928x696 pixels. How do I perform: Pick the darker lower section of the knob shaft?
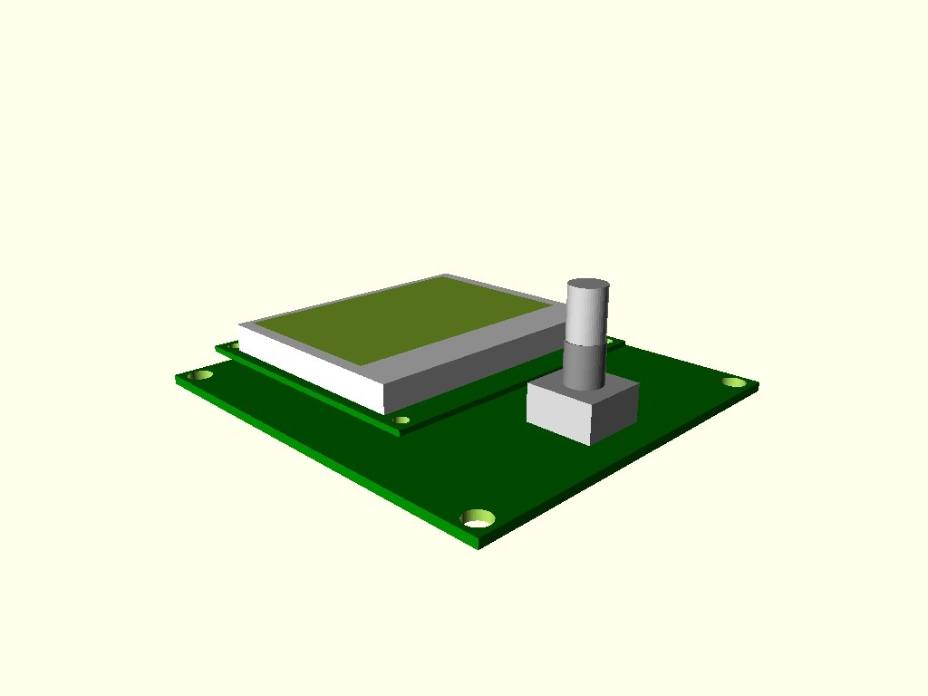pos(585,363)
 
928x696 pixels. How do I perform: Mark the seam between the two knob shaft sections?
pos(585,342)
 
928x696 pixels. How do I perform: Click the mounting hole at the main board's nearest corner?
pos(478,518)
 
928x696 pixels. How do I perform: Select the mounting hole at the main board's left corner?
pos(200,374)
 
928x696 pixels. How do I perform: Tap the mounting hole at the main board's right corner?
pos(733,382)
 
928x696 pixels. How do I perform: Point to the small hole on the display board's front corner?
pos(402,420)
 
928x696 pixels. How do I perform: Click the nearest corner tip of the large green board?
pos(478,546)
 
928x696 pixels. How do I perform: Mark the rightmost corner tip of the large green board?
pos(758,387)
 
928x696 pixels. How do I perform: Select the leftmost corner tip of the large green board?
pos(176,380)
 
